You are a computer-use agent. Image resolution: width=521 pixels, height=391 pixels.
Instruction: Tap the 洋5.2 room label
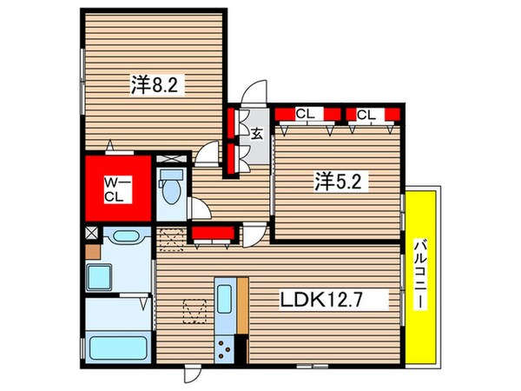tap(335, 182)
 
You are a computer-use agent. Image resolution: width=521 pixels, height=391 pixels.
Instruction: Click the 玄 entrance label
tap(258, 134)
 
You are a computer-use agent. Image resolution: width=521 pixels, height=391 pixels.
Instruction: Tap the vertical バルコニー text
tap(421, 275)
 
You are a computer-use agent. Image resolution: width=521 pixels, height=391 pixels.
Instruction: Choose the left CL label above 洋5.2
tap(304, 114)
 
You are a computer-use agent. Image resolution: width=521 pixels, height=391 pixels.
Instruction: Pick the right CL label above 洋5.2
tap(366, 114)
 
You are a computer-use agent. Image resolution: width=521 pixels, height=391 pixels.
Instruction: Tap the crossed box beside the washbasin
tap(93, 235)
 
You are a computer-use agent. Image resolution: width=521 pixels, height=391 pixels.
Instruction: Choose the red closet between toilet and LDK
tap(214, 232)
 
